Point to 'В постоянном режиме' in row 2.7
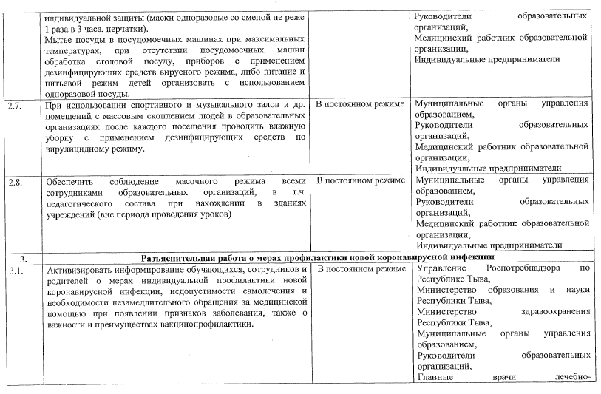[x=359, y=104]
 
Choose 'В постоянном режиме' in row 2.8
[x=359, y=180]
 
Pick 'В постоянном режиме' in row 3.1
[x=359, y=269]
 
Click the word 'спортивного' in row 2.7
[x=145, y=104]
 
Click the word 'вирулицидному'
[x=83, y=149]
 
